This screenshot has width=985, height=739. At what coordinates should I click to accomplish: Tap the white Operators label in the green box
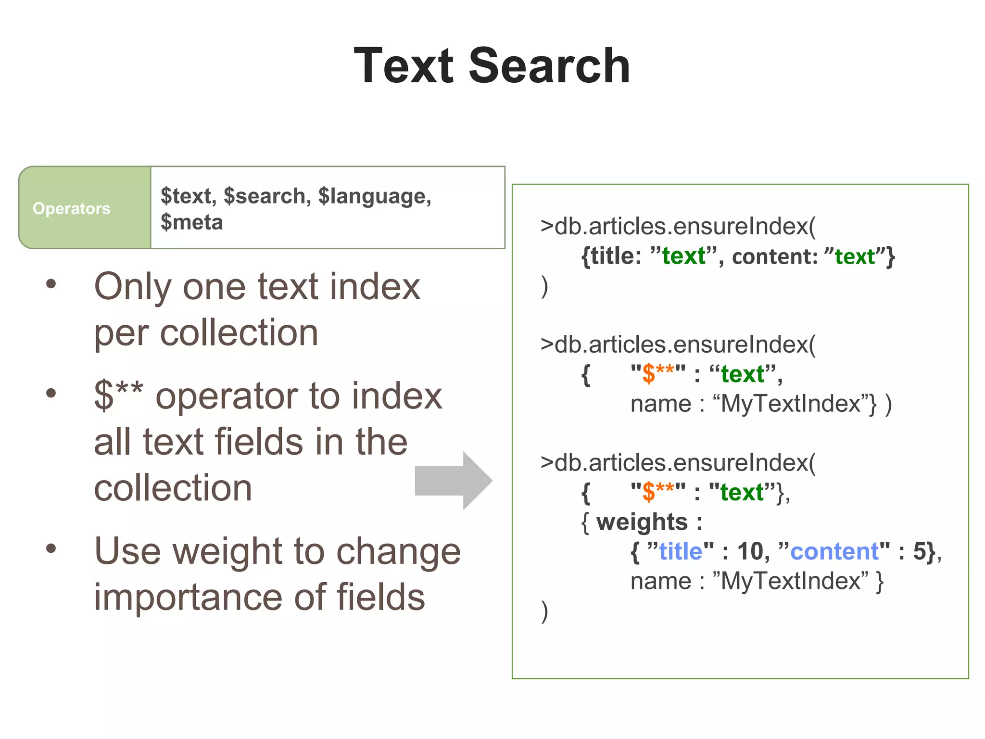(x=71, y=208)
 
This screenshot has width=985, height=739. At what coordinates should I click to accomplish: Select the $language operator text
(x=375, y=196)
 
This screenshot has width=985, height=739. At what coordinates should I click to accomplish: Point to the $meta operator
(x=191, y=222)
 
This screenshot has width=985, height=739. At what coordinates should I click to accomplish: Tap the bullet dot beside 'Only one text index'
(x=51, y=284)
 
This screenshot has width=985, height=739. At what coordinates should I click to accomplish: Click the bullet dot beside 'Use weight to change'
(x=51, y=548)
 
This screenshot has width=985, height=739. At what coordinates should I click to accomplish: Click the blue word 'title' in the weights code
(x=681, y=551)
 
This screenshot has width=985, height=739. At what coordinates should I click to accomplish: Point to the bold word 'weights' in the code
(x=642, y=522)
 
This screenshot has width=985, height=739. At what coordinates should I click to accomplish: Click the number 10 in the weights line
(x=750, y=551)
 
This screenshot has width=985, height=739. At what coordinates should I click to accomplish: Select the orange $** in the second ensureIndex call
(x=658, y=374)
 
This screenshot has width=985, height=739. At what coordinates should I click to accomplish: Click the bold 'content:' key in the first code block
(x=774, y=256)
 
